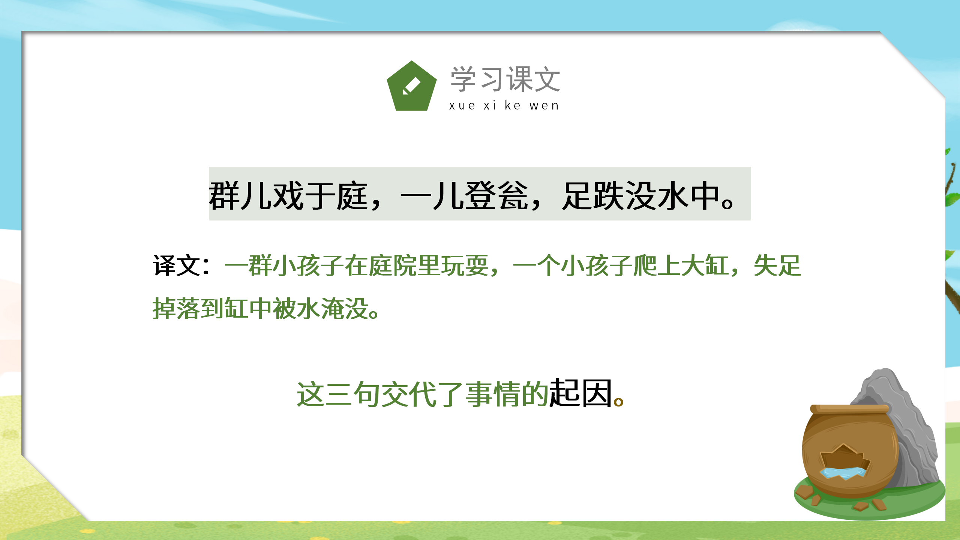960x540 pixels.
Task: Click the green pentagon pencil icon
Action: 411,87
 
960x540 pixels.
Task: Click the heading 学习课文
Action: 505,79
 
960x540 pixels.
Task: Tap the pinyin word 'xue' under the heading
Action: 462,106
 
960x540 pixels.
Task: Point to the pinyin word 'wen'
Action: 544,106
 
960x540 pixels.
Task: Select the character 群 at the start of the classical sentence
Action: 224,195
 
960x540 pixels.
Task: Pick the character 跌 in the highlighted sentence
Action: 609,195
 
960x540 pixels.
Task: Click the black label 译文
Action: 176,265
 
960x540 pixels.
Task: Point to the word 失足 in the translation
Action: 777,265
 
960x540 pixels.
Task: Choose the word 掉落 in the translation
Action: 176,309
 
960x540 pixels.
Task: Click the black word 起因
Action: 580,394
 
